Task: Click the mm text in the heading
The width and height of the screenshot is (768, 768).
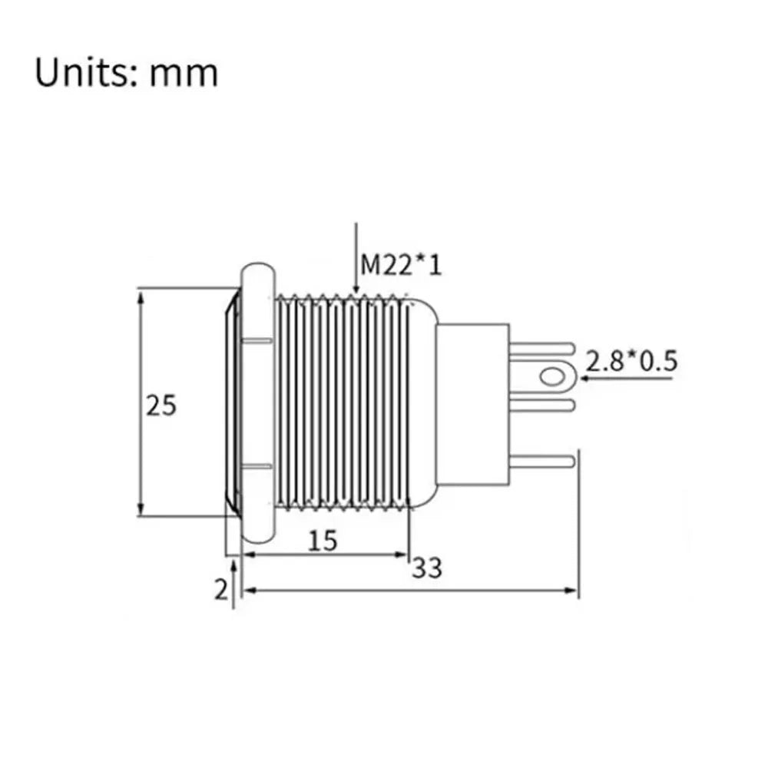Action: (184, 75)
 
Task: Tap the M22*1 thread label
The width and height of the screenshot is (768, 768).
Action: (401, 265)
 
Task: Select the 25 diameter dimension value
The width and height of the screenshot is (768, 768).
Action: (161, 406)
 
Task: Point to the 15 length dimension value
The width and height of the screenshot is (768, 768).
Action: (323, 541)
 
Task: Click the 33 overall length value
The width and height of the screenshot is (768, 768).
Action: (427, 568)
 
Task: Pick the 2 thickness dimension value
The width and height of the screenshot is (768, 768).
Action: (221, 589)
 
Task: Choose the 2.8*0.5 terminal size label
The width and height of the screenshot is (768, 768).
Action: (631, 362)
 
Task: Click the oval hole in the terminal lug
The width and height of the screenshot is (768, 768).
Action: (551, 376)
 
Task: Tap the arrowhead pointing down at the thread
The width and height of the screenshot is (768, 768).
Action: (356, 289)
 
